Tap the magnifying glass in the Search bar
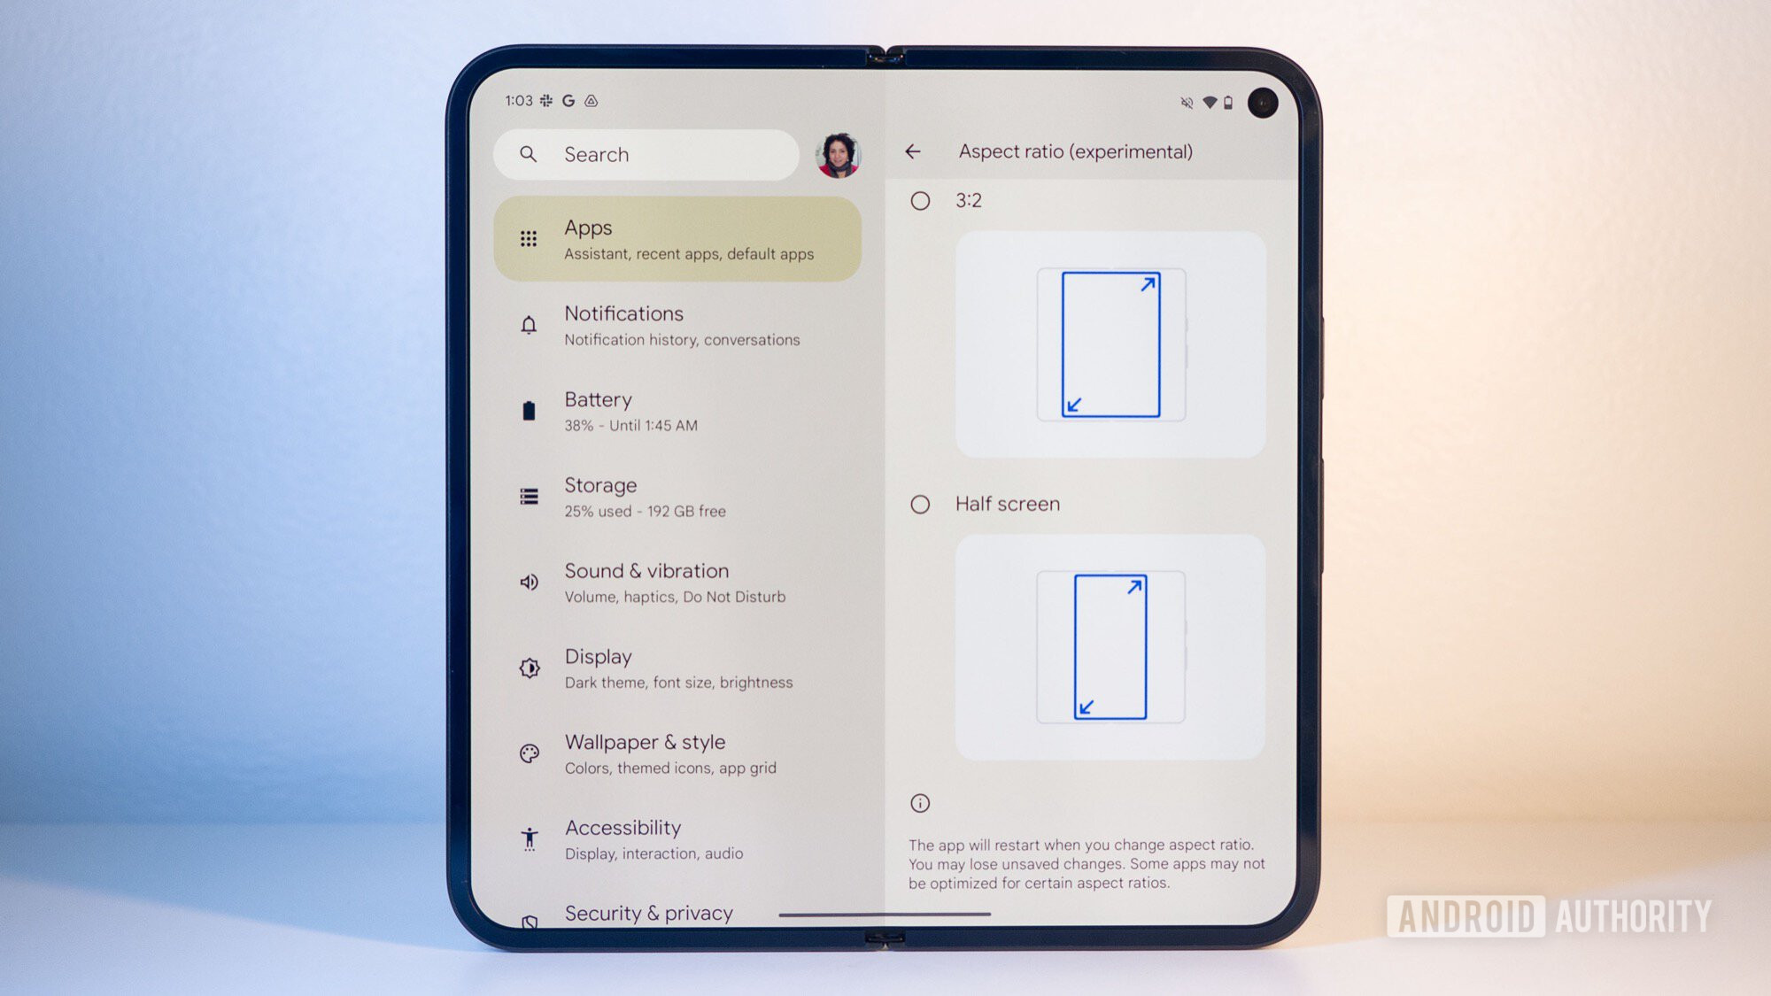point(529,154)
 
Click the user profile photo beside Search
point(838,155)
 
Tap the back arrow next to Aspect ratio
point(913,152)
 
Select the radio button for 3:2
point(920,201)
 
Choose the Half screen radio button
point(920,505)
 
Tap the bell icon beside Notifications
point(529,325)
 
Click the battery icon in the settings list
point(529,411)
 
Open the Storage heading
point(600,485)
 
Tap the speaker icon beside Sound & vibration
point(529,582)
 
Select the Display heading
point(599,657)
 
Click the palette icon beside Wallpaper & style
point(530,753)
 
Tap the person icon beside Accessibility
point(530,838)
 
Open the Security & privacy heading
point(649,913)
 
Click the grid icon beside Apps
point(529,239)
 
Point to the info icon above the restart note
point(920,803)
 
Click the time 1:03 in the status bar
point(519,101)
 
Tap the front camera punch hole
point(1263,103)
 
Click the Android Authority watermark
point(1550,916)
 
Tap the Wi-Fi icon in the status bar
point(1210,103)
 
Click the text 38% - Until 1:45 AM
point(631,426)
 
